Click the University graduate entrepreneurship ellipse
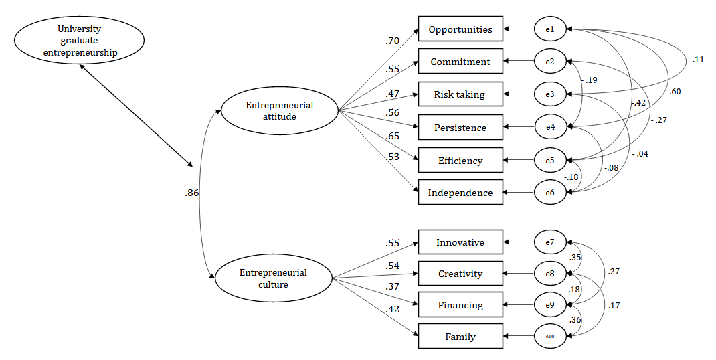78,40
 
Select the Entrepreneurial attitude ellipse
279,110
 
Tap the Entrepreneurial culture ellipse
273,278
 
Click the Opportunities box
460,29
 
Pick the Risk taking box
460,94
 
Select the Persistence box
460,127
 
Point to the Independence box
460,193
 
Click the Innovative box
460,242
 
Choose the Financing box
460,305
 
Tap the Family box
460,337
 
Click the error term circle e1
550,29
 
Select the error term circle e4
550,127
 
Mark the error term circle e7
550,242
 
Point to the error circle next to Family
550,337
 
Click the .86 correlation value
192,193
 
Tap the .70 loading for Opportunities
392,41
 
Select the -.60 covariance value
674,91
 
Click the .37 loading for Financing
392,286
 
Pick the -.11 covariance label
695,60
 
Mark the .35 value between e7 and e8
574,258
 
